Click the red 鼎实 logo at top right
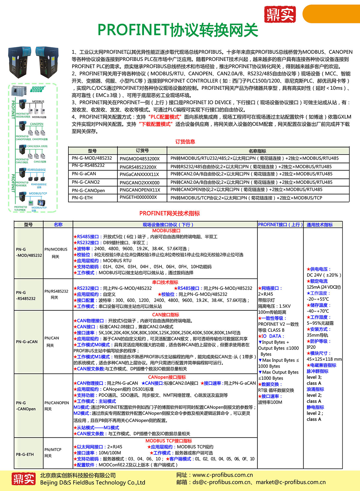[280, 14]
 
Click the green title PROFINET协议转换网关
[178, 30]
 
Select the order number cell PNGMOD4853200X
[139, 159]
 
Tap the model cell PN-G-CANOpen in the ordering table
[88, 190]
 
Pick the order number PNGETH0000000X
[138, 197]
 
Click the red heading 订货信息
[185, 142]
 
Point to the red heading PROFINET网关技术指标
[169, 213]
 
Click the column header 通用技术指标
[319, 224]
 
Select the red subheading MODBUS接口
[166, 230]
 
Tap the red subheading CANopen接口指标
[167, 377]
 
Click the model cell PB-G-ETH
[25, 454]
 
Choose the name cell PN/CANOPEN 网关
[56, 406]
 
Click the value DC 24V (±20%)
[324, 275]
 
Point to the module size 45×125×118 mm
[324, 359]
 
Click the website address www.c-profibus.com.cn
[223, 475]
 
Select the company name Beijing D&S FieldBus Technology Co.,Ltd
[93, 483]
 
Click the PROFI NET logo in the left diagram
[37, 89]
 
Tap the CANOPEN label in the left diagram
[37, 124]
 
